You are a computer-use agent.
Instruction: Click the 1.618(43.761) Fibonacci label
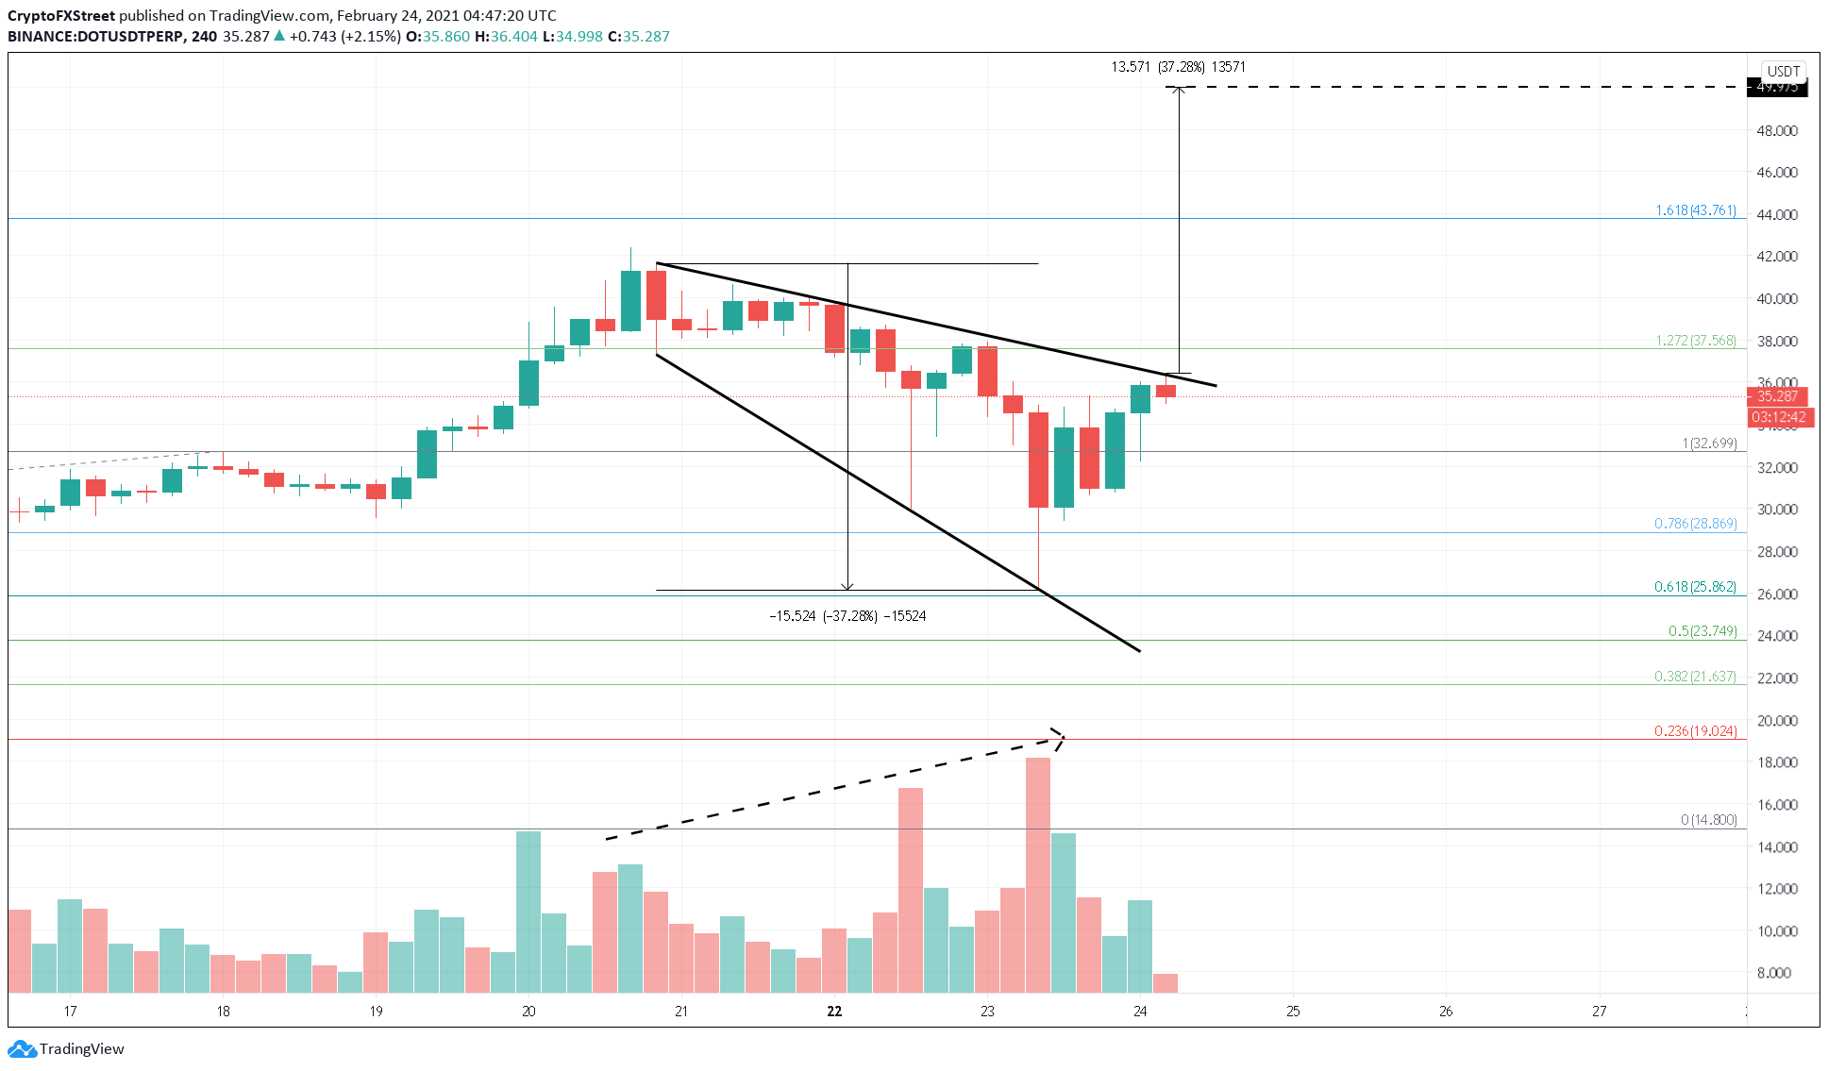1695,210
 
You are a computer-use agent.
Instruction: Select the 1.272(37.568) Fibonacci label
1695,341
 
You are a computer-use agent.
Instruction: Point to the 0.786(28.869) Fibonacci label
1695,524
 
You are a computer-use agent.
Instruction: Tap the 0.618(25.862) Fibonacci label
1695,587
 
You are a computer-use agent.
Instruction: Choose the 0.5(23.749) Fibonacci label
1702,631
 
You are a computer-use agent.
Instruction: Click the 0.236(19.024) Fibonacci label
1695,731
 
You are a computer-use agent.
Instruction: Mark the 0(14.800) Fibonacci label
1708,820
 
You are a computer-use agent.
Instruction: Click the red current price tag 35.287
1777,396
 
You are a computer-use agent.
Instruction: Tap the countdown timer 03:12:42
1778,417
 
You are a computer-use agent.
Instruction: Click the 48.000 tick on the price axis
1776,131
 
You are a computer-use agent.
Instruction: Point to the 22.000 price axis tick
1776,678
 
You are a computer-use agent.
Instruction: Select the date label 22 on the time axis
834,1012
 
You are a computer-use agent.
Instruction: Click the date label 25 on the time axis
1293,1012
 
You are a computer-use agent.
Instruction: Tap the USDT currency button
1783,72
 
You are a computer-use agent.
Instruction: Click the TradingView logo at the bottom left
66,1049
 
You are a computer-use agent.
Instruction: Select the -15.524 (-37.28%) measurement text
847,616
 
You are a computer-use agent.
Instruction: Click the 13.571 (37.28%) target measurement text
1178,67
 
